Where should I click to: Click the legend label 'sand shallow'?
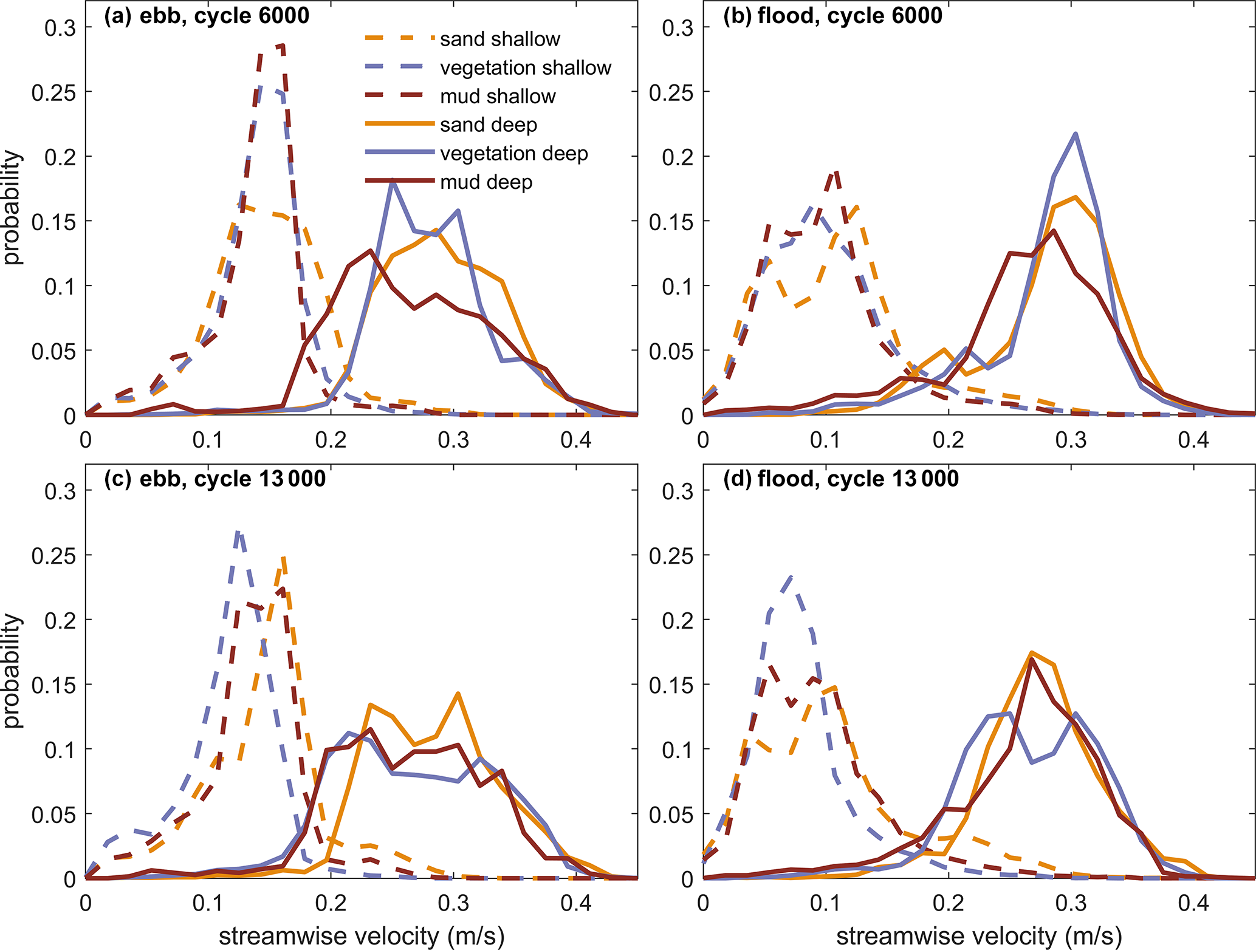tap(499, 39)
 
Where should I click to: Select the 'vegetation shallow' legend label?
tap(525, 67)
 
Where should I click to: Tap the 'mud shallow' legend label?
tap(498, 96)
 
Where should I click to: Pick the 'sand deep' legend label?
tap(489, 125)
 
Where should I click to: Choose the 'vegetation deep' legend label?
tap(514, 153)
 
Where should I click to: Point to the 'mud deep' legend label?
tap(486, 182)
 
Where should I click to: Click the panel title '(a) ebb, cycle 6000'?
tap(207, 16)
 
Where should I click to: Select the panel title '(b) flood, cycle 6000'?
tap(832, 16)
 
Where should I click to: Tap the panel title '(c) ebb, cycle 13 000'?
tap(215, 479)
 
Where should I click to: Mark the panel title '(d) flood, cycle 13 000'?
tap(841, 479)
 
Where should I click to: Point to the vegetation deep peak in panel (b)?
tap(1076, 134)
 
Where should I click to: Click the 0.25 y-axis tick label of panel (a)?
tap(54, 92)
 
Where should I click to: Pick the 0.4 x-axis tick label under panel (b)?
tap(1193, 440)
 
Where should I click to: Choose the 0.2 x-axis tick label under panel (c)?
tap(331, 903)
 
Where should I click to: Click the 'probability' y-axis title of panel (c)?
tap(12, 670)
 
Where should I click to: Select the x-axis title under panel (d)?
tap(978, 936)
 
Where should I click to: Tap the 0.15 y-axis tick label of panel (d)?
tap(671, 685)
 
